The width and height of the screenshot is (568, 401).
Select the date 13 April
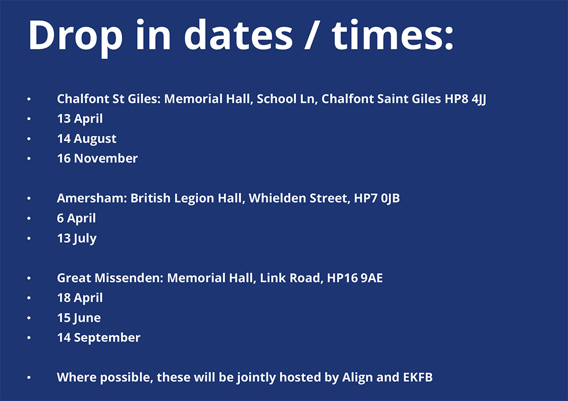pyautogui.click(x=80, y=119)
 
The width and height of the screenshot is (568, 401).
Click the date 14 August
pyautogui.click(x=86, y=139)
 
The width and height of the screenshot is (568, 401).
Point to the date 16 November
pyautogui.click(x=97, y=158)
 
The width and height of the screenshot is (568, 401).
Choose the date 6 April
pyautogui.click(x=76, y=218)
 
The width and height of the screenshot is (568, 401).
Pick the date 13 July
pyautogui.click(x=76, y=238)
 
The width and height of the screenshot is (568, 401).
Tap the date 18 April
pyautogui.click(x=80, y=298)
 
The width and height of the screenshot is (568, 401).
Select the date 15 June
pyautogui.click(x=78, y=318)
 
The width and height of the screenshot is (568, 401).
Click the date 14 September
pyautogui.click(x=99, y=337)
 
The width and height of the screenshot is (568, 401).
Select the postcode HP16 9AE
pyautogui.click(x=354, y=278)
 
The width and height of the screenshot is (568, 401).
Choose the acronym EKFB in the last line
pyautogui.click(x=417, y=378)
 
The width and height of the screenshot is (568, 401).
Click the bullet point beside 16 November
pyautogui.click(x=29, y=159)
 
